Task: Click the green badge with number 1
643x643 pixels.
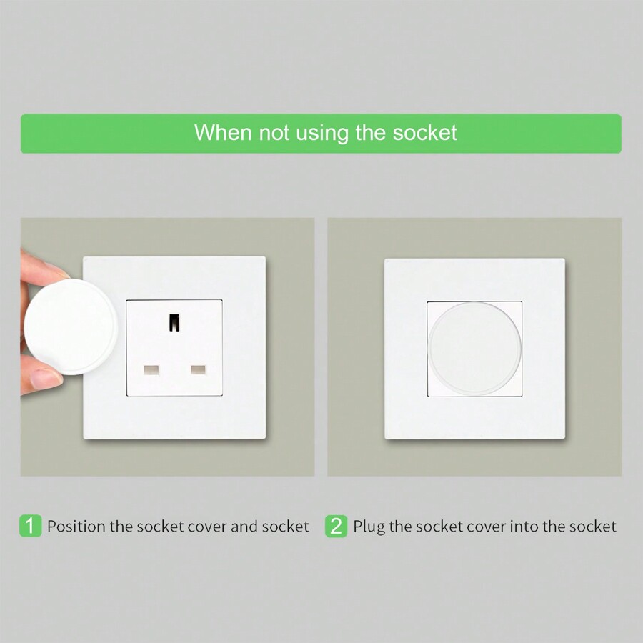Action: [x=30, y=527]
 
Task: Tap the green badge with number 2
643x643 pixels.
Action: [x=337, y=527]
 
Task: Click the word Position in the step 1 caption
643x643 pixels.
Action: [x=76, y=527]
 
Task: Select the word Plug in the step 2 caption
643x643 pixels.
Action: [x=369, y=527]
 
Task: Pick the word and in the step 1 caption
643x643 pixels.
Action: [x=244, y=527]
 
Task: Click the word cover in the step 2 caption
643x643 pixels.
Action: [x=487, y=527]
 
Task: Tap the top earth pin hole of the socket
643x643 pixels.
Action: [x=174, y=321]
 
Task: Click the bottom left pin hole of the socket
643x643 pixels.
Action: [x=151, y=370]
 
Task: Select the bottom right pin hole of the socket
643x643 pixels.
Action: [x=197, y=370]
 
